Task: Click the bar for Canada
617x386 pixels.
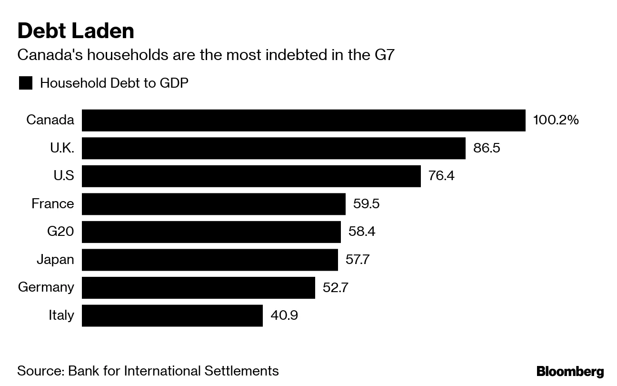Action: pyautogui.click(x=303, y=120)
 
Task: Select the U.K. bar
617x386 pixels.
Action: pyautogui.click(x=273, y=148)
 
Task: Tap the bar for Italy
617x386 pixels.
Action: pyautogui.click(x=172, y=315)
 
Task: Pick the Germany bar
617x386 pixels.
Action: pyautogui.click(x=198, y=287)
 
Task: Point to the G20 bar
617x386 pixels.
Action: pyautogui.click(x=211, y=232)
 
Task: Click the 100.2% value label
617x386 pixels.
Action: pyautogui.click(x=556, y=120)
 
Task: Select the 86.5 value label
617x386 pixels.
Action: pyautogui.click(x=487, y=148)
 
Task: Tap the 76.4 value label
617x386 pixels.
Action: pyautogui.click(x=441, y=176)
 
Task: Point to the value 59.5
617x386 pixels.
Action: pyautogui.click(x=366, y=204)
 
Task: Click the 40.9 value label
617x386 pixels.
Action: pyautogui.click(x=284, y=315)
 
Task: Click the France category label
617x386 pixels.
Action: pyautogui.click(x=53, y=204)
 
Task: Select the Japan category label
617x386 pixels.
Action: pyautogui.click(x=55, y=260)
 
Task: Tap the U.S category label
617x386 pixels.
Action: pyautogui.click(x=64, y=176)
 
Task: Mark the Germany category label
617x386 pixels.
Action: pyautogui.click(x=46, y=287)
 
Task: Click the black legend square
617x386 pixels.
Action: pyautogui.click(x=25, y=83)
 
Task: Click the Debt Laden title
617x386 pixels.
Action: pyautogui.click(x=76, y=31)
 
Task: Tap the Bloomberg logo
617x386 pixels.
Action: pyautogui.click(x=570, y=372)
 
